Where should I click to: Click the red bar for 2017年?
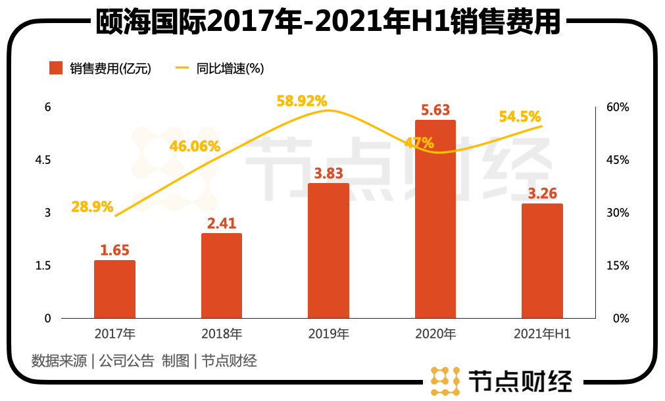114,289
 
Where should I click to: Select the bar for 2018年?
222,276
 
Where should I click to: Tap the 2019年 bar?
328,251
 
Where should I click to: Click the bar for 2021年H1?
542,261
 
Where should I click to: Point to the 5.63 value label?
435,110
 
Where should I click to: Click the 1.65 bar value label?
114,250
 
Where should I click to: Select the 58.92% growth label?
301,101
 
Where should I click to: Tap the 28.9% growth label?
93,207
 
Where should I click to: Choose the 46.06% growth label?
195,146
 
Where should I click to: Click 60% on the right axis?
618,107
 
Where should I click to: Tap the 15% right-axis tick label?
618,266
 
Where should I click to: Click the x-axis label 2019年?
328,334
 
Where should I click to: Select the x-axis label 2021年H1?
542,334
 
